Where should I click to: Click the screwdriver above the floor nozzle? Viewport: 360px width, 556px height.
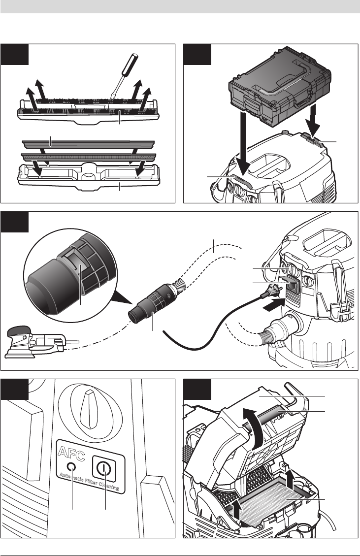pos(124,76)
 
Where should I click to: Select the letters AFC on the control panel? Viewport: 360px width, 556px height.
pos(71,453)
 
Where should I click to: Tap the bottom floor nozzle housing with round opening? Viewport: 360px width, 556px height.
pos(89,176)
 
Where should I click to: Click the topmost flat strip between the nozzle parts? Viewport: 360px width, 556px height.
pos(89,143)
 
